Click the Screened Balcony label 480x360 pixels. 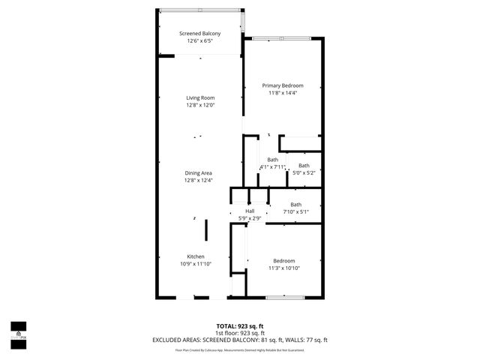(x=199, y=34)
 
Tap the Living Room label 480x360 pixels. (x=200, y=98)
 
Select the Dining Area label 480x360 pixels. (x=199, y=173)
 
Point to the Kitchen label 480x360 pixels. (x=196, y=256)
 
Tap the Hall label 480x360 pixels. (x=250, y=211)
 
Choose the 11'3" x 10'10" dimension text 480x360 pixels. (x=284, y=268)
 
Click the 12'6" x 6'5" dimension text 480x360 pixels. (x=199, y=41)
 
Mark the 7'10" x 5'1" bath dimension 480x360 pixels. (x=295, y=211)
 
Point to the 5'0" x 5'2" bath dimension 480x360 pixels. (x=304, y=172)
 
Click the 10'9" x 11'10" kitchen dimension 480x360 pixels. (x=196, y=263)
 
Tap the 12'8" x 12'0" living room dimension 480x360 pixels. (x=200, y=105)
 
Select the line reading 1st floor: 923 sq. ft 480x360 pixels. (x=239, y=334)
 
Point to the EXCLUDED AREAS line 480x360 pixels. (x=239, y=340)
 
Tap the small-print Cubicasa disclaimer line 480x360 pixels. (x=239, y=349)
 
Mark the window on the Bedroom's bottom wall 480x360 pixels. (x=284, y=298)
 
